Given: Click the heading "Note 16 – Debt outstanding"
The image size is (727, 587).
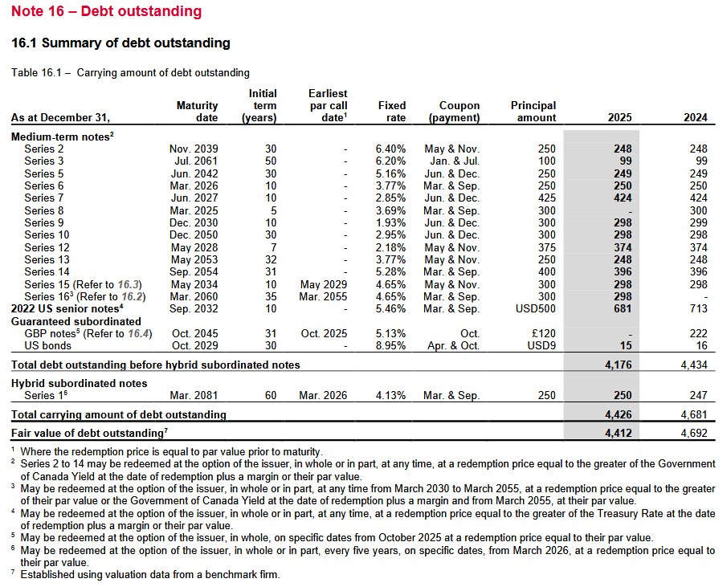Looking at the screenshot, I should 107,12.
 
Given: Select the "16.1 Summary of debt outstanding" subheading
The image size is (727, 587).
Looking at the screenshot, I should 120,43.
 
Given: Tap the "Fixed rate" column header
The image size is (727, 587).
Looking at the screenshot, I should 392,111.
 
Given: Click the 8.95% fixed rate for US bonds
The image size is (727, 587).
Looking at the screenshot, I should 391,345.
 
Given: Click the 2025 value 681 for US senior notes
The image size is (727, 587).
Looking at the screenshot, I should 622,308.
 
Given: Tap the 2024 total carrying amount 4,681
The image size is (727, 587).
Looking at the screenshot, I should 692,415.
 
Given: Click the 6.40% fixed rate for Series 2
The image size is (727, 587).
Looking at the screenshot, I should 391,149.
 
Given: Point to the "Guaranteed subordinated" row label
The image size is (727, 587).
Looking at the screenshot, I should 76,321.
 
